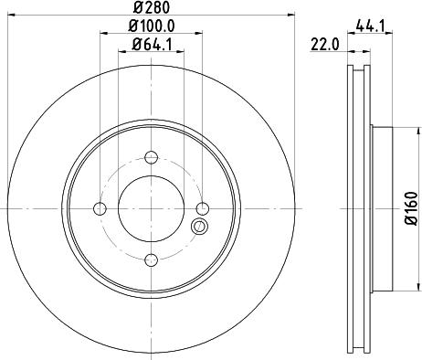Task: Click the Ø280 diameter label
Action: coord(152,7)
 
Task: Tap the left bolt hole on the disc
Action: coord(100,210)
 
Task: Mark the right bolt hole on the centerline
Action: coord(204,210)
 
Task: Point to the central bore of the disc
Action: coord(152,210)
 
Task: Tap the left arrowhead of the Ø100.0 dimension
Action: coord(102,34)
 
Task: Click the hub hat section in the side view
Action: coord(381,210)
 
